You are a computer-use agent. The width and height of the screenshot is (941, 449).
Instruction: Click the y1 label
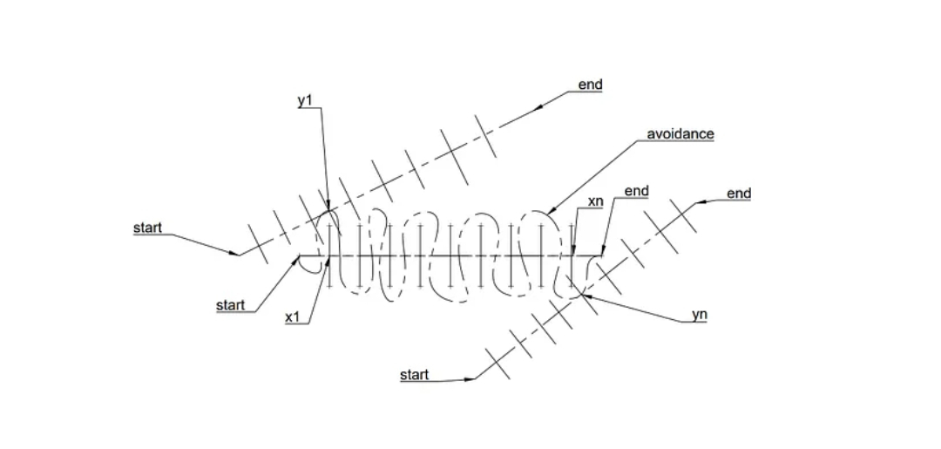pyautogui.click(x=305, y=100)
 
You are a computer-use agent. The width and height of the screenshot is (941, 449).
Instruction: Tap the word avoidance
pyautogui.click(x=680, y=134)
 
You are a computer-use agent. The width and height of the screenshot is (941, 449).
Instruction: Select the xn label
pyautogui.click(x=596, y=201)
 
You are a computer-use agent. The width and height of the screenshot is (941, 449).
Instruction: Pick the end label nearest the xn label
pyautogui.click(x=637, y=191)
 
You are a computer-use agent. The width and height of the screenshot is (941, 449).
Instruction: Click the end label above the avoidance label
pyautogui.click(x=590, y=85)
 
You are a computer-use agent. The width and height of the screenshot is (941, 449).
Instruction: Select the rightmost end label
pyautogui.click(x=739, y=194)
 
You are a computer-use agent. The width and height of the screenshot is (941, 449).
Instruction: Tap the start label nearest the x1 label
pyautogui.click(x=230, y=306)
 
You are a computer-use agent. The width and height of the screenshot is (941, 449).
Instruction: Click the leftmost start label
pyautogui.click(x=147, y=228)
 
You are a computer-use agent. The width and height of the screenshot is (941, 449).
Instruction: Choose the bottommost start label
pyautogui.click(x=415, y=375)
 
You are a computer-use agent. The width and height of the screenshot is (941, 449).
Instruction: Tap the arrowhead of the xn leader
pyautogui.click(x=574, y=254)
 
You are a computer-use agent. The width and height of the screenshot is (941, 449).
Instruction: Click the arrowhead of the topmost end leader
pyautogui.click(x=536, y=108)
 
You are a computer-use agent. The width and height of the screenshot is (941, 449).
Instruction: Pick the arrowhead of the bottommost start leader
pyautogui.click(x=475, y=378)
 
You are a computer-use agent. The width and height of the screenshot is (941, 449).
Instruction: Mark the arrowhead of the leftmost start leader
pyautogui.click(x=237, y=255)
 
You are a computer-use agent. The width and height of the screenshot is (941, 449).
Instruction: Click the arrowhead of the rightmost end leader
pyautogui.click(x=697, y=203)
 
